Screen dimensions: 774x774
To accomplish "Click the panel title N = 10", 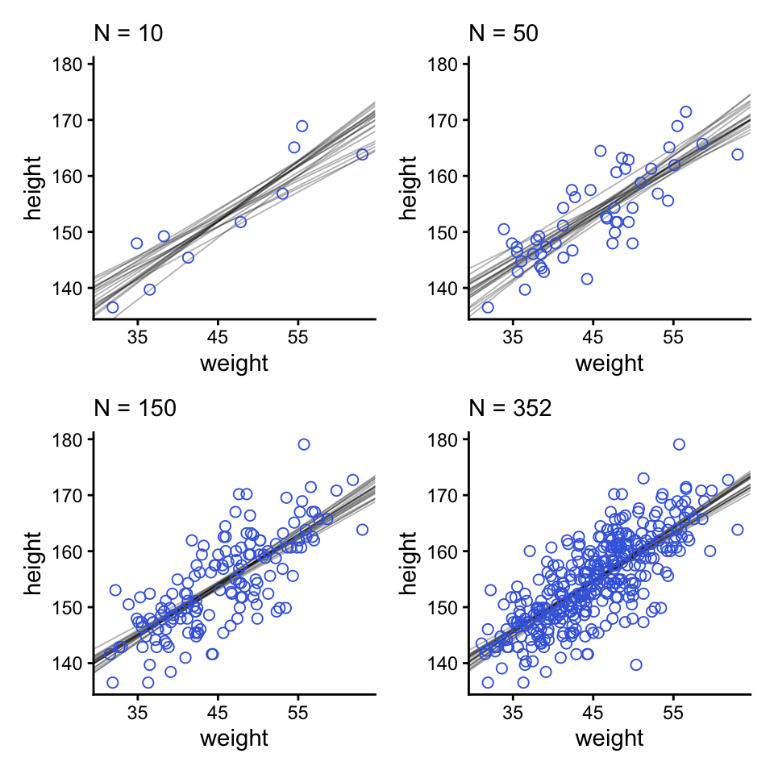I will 129,35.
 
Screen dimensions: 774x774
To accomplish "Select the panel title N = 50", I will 504,35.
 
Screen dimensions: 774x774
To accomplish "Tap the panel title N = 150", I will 135,409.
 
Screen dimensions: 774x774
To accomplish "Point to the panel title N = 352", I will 510,409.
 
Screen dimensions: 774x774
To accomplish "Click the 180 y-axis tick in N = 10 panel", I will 72,64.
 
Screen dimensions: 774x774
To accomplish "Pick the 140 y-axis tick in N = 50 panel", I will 447,288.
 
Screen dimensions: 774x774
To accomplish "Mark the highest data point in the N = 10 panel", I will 302,126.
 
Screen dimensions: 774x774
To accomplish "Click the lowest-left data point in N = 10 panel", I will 112,307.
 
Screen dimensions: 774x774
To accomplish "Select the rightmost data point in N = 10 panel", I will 362,154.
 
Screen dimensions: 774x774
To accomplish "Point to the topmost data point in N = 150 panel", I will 304,444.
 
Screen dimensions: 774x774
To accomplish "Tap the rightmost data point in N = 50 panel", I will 737,154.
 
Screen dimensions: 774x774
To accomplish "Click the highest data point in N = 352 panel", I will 679,444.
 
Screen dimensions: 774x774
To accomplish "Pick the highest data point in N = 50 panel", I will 685,112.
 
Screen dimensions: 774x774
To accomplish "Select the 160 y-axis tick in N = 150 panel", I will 72,551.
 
